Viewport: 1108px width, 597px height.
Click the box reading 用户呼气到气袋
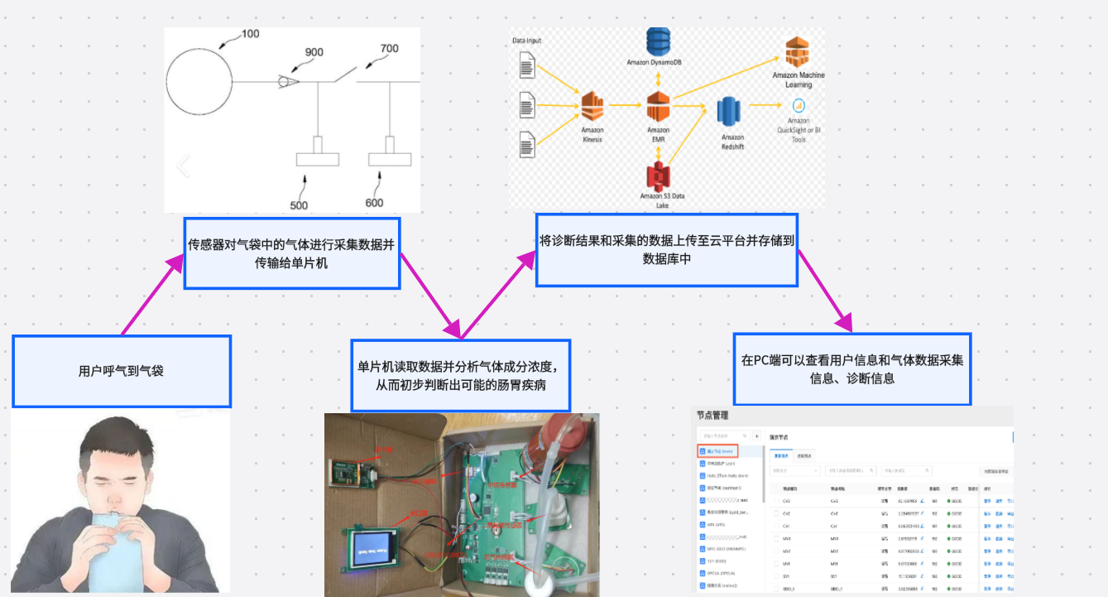(121, 371)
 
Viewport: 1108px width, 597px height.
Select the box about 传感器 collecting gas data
(291, 253)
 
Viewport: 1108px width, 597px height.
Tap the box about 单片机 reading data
(461, 375)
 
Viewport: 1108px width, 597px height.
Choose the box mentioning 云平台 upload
(666, 249)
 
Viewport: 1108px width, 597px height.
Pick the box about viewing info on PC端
(852, 369)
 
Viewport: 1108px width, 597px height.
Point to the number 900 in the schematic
(314, 52)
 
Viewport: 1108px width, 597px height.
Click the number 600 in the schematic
(374, 203)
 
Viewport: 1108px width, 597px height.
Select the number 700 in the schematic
(389, 49)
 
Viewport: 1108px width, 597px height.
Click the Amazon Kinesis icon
(592, 106)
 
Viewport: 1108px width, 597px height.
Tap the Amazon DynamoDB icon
(659, 41)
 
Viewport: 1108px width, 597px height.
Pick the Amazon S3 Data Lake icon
(658, 176)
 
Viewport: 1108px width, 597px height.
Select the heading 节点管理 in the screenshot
(712, 416)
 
